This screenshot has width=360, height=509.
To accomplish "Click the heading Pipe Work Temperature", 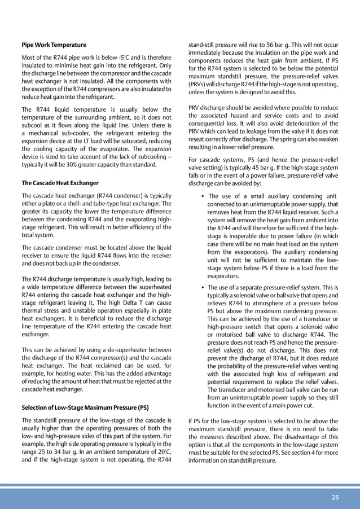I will [x=54, y=45].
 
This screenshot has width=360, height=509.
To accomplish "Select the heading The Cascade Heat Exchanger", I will [x=60, y=183].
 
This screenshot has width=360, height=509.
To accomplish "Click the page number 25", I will [x=335, y=497].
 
